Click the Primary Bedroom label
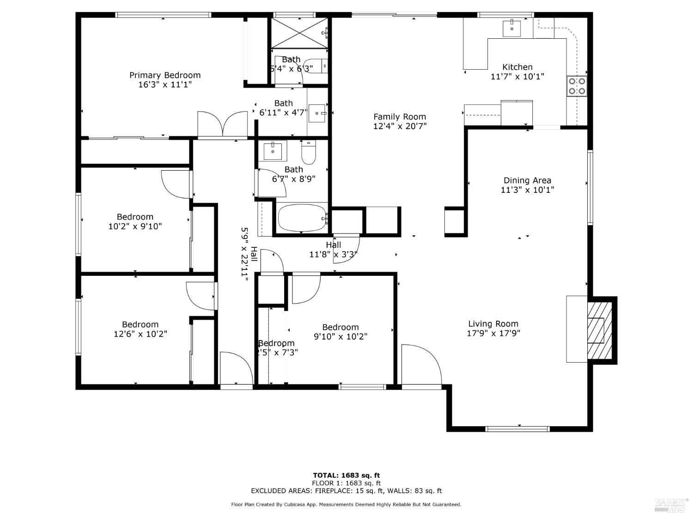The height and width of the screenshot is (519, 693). coord(165,75)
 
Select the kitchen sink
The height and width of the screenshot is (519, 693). coord(512,28)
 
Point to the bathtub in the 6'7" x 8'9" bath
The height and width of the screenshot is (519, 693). coord(302,218)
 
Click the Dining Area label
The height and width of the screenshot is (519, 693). coord(527,180)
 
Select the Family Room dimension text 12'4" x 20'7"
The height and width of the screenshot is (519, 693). coord(400,126)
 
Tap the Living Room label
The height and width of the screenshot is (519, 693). coord(493,324)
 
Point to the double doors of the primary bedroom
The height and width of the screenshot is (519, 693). coord(223,125)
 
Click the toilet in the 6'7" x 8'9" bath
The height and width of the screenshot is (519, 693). coord(308,152)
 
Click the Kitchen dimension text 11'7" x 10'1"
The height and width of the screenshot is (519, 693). coord(517,77)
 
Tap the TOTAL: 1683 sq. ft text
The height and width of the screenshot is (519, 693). coord(346,475)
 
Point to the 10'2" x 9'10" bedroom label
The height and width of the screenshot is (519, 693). coord(135,217)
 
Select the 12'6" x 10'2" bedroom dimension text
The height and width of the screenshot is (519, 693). coord(140,334)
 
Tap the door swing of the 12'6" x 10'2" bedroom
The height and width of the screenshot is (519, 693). coord(200,296)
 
